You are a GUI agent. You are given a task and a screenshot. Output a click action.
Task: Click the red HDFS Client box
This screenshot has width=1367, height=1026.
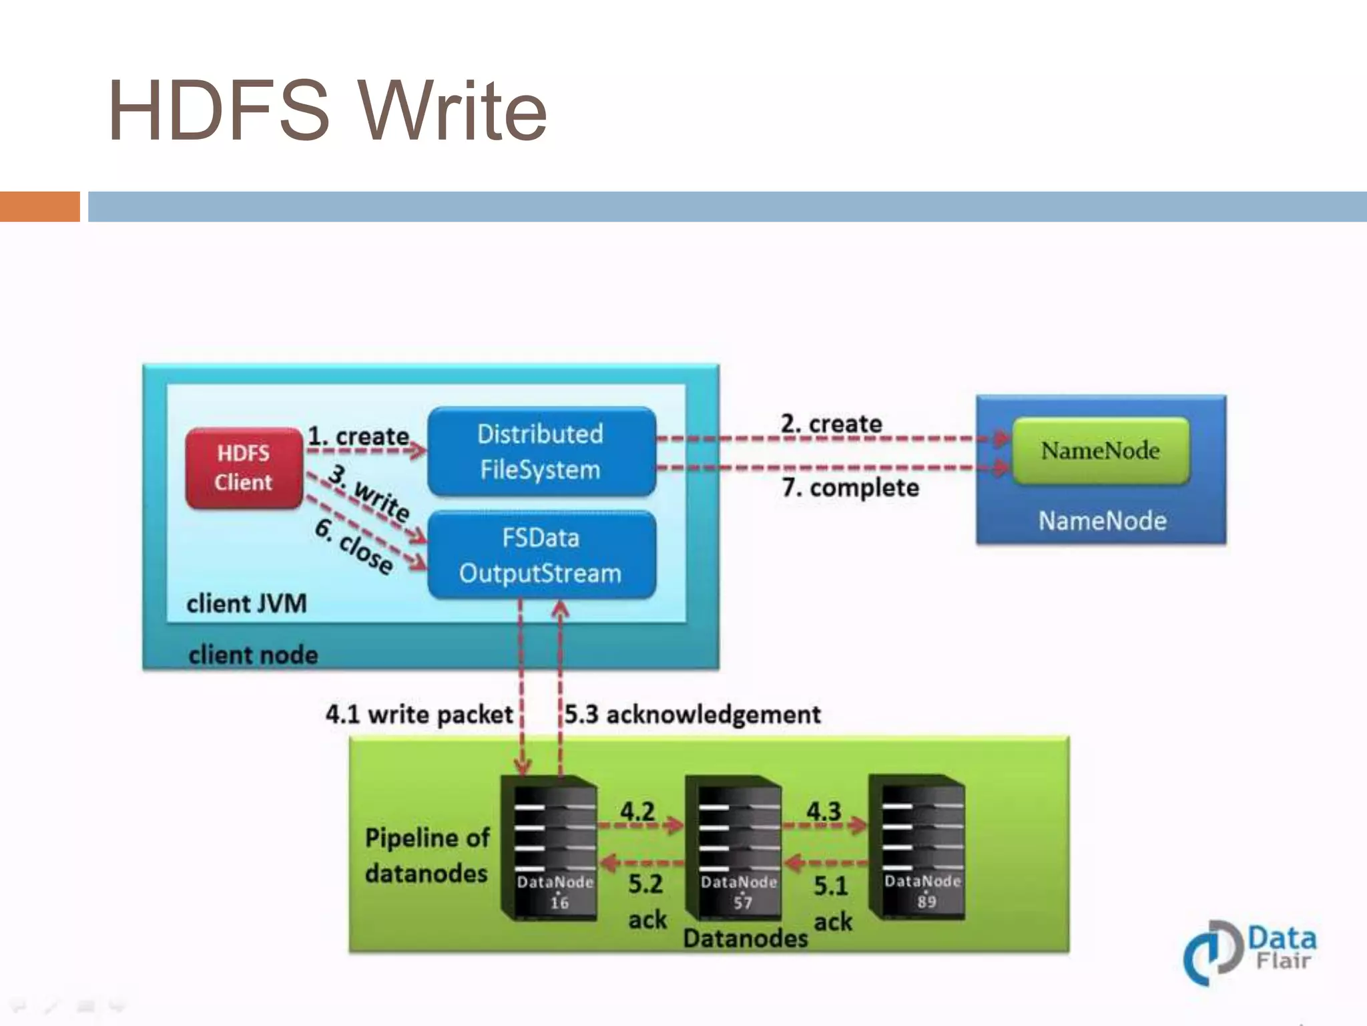coord(244,468)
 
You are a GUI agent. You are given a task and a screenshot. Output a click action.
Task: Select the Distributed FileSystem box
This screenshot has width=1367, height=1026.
coord(541,452)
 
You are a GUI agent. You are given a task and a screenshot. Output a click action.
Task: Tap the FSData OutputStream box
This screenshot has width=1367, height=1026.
coord(541,555)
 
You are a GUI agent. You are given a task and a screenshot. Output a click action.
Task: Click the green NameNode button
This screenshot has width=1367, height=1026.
coord(1100,450)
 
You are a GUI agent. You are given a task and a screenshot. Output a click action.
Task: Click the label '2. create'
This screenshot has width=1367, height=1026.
coord(832,423)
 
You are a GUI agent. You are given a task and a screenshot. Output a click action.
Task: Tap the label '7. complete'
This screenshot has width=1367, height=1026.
coord(850,488)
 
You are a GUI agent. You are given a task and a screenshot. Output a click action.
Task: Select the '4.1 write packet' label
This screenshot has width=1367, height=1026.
coord(419,715)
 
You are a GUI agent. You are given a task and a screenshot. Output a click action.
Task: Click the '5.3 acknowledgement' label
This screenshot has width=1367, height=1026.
coord(693,715)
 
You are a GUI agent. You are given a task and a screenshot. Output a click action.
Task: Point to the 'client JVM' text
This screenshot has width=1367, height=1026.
coord(246,604)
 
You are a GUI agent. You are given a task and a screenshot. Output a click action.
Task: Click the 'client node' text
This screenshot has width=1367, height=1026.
coord(253,655)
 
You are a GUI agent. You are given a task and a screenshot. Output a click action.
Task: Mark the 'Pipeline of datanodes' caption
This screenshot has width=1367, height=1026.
coord(427,856)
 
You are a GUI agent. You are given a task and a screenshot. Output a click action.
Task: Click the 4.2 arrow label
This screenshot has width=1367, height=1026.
coord(637,812)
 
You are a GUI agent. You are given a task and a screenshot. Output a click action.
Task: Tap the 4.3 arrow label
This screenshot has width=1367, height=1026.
coord(824,812)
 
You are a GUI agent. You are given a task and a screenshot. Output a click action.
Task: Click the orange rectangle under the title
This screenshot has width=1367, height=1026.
coord(39,206)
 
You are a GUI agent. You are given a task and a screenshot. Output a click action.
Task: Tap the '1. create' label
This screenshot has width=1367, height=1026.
coord(358,436)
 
